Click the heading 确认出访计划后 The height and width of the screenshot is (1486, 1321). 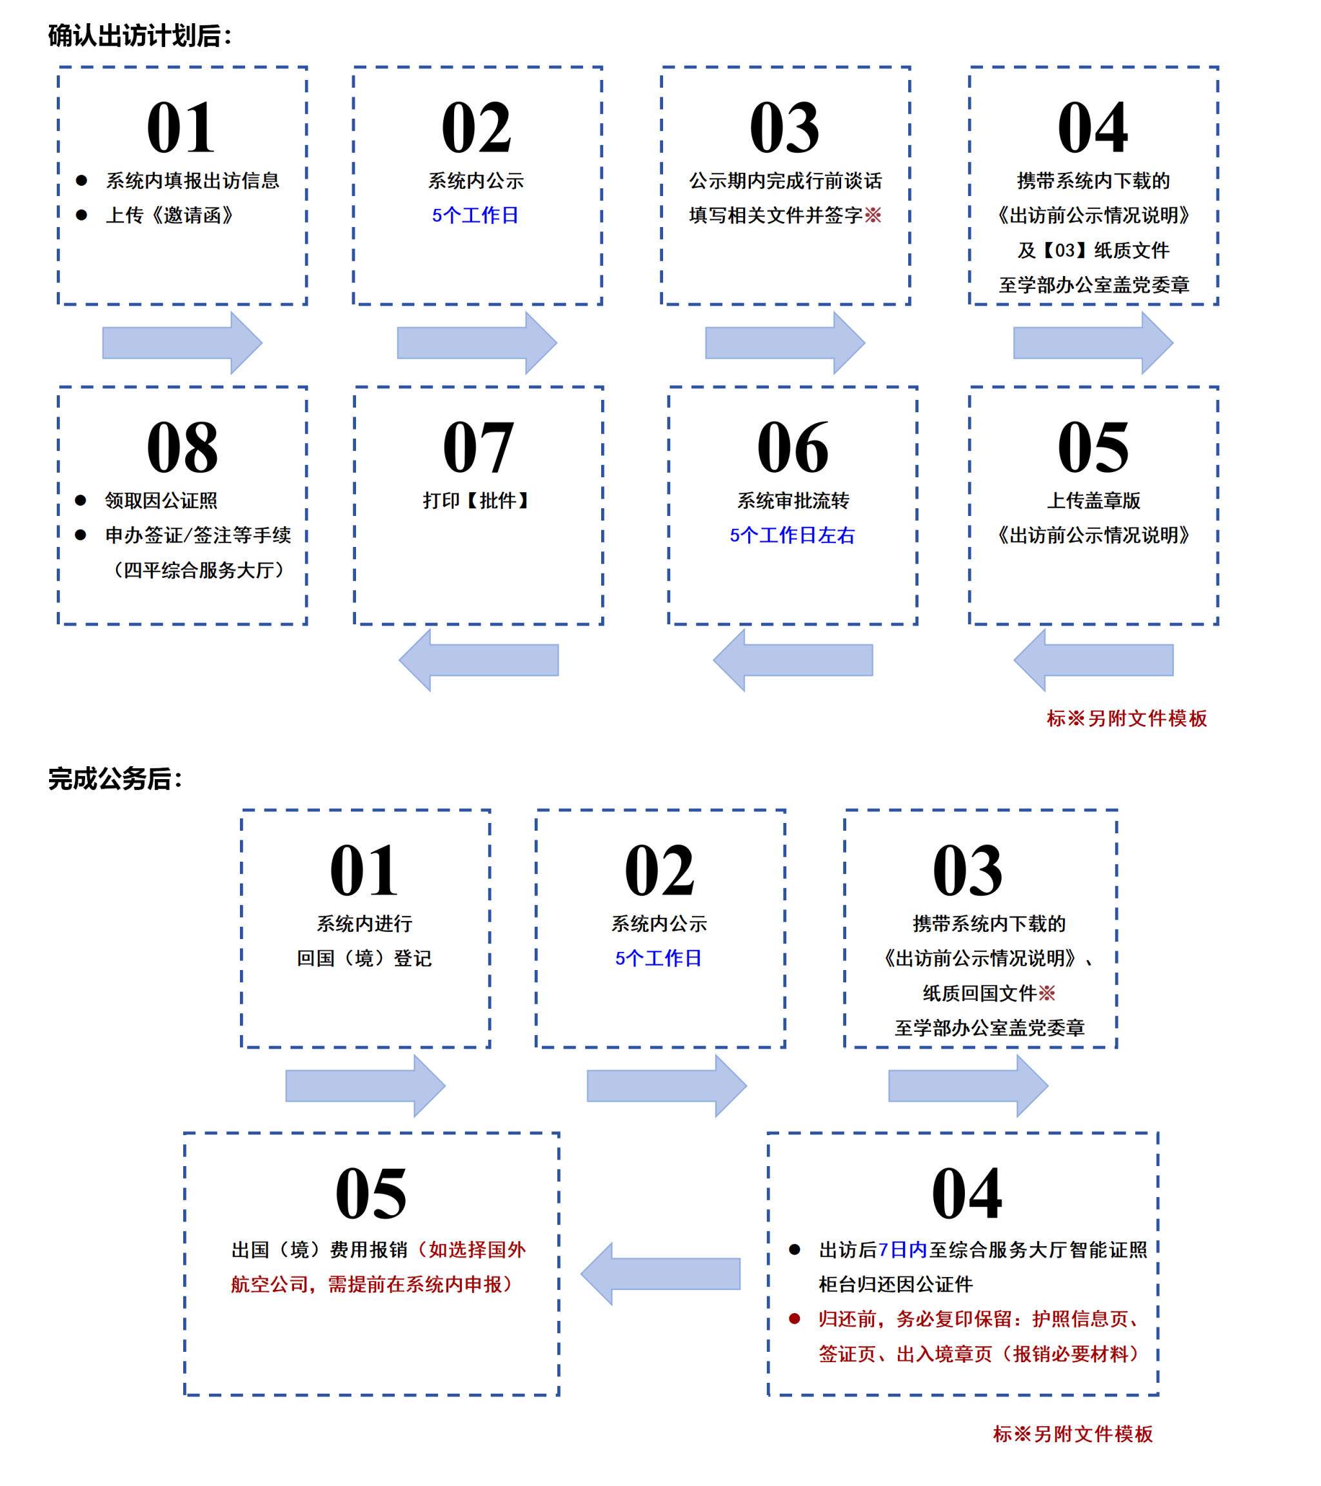click(139, 35)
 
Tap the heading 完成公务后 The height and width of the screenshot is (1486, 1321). click(115, 778)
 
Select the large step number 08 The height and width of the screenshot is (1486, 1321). click(182, 447)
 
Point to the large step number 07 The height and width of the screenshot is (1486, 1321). click(478, 447)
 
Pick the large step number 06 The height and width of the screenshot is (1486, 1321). click(793, 447)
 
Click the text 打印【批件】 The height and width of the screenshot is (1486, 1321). click(476, 500)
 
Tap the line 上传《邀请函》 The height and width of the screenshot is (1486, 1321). click(170, 215)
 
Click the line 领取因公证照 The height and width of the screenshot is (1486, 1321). click(161, 500)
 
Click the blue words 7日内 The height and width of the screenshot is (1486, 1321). click(902, 1249)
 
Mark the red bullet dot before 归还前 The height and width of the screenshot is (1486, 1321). click(795, 1318)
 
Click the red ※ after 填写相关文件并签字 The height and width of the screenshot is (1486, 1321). click(873, 215)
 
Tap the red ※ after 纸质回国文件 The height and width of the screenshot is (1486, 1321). click(1047, 993)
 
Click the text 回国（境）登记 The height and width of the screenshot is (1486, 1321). click(364, 958)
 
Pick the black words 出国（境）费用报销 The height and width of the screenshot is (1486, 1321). click(319, 1249)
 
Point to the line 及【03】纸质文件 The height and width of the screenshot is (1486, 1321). click(1093, 250)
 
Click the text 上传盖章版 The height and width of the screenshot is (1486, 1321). click(1093, 500)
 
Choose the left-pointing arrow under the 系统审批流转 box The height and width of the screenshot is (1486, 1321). click(793, 660)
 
